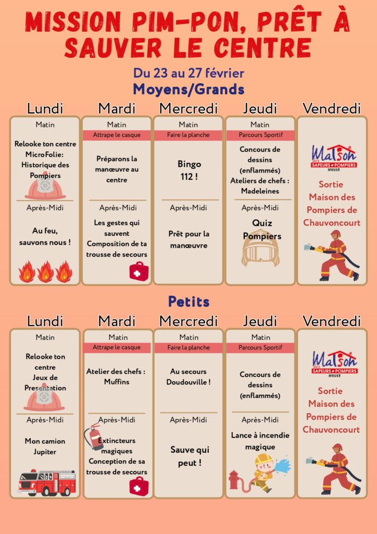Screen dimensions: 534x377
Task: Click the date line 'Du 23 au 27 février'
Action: coord(188,73)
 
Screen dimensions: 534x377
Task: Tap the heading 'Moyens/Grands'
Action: coord(188,89)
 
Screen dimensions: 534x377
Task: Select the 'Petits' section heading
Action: coord(188,301)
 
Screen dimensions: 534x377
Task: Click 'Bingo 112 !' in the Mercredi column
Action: coord(188,170)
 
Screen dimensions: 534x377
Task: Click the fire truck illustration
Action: coord(47,482)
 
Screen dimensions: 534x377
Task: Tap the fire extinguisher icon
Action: coord(94,436)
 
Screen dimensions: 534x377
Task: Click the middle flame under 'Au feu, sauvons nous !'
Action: coord(46,272)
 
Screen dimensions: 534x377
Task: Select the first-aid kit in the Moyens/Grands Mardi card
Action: coord(139,272)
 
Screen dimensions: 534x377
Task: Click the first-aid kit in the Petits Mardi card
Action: coord(139,486)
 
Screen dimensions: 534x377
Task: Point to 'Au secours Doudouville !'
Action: coord(188,377)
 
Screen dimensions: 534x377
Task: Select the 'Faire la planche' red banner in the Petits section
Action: coord(188,348)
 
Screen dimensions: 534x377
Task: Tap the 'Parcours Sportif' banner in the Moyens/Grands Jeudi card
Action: coord(260,135)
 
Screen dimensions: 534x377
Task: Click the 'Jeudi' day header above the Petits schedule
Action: coord(260,321)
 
